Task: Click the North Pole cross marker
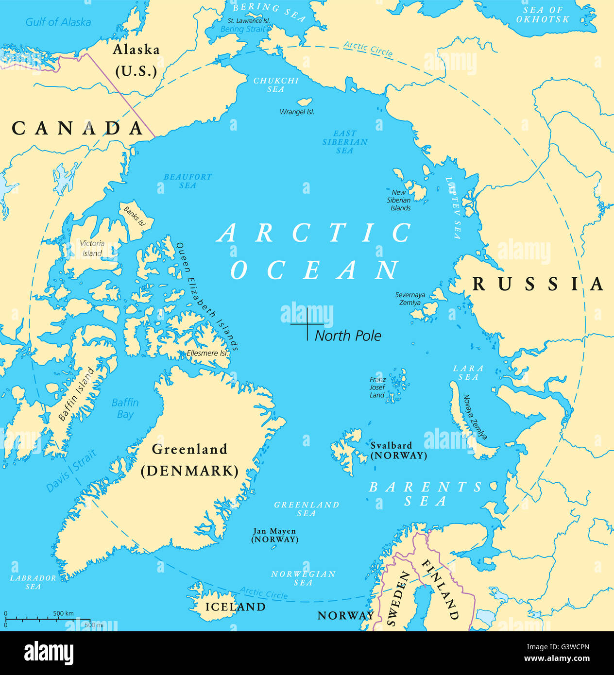[x=307, y=324]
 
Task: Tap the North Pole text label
[x=348, y=336]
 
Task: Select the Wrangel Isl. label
[x=297, y=112]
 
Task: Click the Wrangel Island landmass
[x=305, y=102]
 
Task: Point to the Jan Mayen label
[x=274, y=535]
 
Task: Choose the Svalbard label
[x=398, y=450]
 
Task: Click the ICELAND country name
[x=235, y=607]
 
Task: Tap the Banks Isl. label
[x=135, y=217]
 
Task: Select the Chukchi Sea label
[x=276, y=85]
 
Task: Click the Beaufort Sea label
[x=188, y=181]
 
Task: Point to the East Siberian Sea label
[x=345, y=142]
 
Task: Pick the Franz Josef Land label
[x=377, y=388]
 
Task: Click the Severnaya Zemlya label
[x=410, y=299]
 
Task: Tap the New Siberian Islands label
[x=399, y=200]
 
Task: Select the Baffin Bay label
[x=125, y=408]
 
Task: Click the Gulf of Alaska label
[x=58, y=22]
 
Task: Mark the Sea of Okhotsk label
[x=543, y=15]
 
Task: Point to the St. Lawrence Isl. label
[x=249, y=21]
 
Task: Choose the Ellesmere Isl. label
[x=207, y=353]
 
